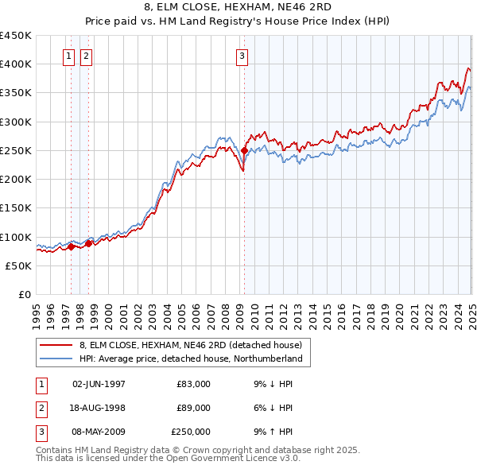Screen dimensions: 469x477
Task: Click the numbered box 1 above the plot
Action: click(68, 56)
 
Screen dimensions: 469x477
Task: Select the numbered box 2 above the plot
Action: click(85, 56)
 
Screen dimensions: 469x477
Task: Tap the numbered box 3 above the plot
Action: click(241, 56)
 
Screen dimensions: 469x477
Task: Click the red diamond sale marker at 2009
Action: click(244, 150)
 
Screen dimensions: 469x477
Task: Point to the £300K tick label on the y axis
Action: click(16, 122)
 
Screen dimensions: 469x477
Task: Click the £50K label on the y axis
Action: click(19, 266)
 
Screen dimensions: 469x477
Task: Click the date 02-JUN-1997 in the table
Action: click(99, 384)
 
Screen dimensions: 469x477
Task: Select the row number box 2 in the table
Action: click(40, 408)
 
